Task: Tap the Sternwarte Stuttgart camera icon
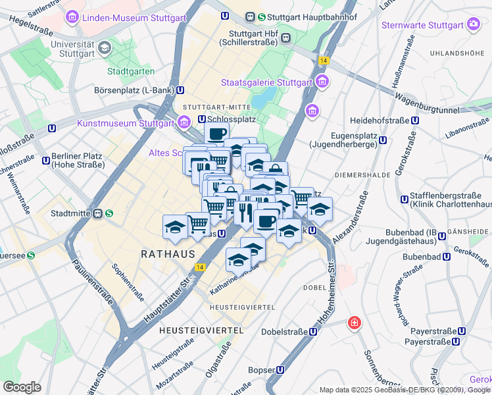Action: (x=473, y=25)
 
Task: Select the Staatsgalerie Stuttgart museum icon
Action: (x=322, y=82)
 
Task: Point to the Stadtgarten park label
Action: (x=131, y=71)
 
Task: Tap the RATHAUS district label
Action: (x=168, y=253)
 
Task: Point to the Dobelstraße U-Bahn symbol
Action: (x=313, y=332)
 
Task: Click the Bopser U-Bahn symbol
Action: (x=281, y=370)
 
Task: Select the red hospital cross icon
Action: (x=355, y=323)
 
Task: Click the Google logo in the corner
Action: (x=22, y=386)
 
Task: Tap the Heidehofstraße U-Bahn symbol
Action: (x=414, y=120)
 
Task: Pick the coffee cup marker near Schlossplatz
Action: (x=216, y=134)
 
